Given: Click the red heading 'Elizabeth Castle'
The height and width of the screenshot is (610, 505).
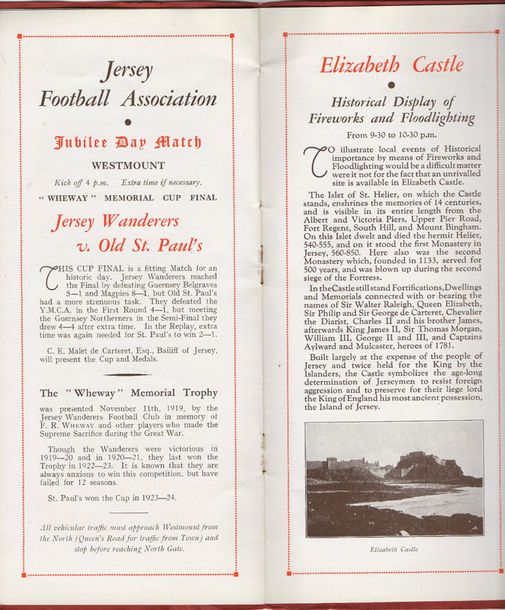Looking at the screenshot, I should tap(391, 65).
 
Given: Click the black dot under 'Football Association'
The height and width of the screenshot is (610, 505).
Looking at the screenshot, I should tap(128, 121).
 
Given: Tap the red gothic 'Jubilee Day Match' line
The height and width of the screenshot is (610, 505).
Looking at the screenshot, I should tap(128, 142).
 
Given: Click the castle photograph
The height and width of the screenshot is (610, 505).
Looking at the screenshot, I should tap(394, 479).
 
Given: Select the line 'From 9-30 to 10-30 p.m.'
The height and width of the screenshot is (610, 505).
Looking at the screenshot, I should tap(391, 135).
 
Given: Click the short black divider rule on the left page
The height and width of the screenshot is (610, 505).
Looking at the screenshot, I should tap(127, 374).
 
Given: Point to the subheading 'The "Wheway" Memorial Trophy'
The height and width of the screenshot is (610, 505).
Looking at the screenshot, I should tap(128, 393).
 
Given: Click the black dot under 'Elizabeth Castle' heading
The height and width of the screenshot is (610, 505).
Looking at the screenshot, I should tap(391, 84).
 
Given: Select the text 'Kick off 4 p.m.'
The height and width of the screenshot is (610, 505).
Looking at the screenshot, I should tap(78, 182).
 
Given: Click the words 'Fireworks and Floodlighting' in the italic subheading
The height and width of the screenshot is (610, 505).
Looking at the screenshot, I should tap(391, 118).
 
